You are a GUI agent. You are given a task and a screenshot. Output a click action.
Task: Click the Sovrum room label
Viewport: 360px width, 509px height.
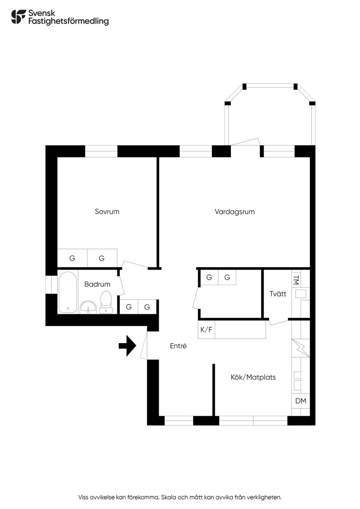107,212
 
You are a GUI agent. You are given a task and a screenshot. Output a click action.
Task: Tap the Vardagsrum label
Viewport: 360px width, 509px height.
234,212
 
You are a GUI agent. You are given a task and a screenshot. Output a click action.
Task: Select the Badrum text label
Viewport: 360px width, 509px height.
97,284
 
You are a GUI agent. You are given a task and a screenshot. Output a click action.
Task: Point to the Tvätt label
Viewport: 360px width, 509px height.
278,294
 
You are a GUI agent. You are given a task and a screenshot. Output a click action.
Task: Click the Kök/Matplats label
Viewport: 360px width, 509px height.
253,377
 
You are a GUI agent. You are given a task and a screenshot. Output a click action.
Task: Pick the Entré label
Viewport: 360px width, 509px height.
178,346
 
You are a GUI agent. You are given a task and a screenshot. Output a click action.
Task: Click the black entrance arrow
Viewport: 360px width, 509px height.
128,346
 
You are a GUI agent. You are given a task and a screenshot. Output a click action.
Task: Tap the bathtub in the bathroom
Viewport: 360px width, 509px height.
67,292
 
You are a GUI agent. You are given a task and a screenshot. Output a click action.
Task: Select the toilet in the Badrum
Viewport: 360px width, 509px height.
106,302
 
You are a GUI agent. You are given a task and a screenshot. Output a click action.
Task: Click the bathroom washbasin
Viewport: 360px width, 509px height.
88,307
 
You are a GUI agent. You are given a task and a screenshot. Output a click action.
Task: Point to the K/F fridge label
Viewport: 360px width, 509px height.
206,329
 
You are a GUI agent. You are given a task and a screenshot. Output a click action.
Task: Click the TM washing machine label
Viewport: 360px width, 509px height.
296,280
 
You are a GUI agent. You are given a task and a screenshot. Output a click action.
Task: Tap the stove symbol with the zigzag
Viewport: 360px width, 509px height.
301,348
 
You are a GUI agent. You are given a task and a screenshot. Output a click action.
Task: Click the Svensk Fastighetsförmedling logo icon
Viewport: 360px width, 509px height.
19,17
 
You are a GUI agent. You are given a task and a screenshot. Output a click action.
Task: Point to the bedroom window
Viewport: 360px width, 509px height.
101,151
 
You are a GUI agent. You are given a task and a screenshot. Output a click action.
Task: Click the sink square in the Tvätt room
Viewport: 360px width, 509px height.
301,294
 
